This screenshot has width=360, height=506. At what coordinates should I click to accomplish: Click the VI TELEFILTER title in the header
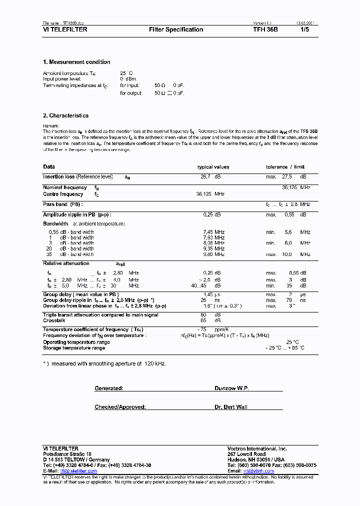pyautogui.click(x=65, y=29)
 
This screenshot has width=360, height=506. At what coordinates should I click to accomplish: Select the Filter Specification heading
pyautogui.click(x=176, y=29)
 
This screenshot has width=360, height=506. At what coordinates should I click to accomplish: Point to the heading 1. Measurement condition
pyautogui.click(x=76, y=62)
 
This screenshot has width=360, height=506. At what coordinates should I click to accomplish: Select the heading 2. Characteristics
pyautogui.click(x=65, y=115)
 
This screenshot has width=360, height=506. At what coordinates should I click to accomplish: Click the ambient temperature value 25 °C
pyautogui.click(x=126, y=73)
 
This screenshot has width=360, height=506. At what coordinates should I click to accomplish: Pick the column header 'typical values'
pyautogui.click(x=213, y=167)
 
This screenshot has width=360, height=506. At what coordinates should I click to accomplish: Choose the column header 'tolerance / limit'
pyautogui.click(x=285, y=167)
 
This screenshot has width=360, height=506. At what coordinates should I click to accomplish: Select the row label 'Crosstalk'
pyautogui.click(x=54, y=320)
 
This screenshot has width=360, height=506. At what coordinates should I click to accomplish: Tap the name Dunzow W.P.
pyautogui.click(x=231, y=388)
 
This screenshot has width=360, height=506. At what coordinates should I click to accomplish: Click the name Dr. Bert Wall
pyautogui.click(x=231, y=407)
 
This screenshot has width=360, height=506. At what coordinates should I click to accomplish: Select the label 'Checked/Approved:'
pyautogui.click(x=120, y=407)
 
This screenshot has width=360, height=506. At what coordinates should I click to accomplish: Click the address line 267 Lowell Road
pyautogui.click(x=246, y=454)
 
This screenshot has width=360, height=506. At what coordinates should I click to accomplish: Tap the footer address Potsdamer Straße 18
pyautogui.click(x=67, y=454)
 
